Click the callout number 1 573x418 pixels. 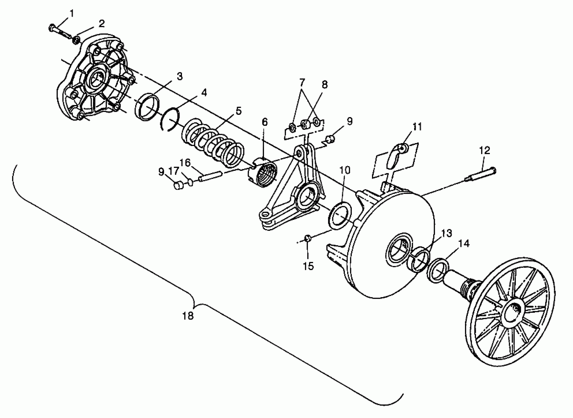[72, 14]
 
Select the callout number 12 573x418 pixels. [484, 150]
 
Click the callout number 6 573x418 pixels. [264, 122]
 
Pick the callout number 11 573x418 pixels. [417, 127]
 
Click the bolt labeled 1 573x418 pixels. [60, 32]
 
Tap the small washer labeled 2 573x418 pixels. [76, 40]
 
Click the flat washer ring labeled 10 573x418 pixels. [340, 214]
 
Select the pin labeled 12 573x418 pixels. [480, 175]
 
